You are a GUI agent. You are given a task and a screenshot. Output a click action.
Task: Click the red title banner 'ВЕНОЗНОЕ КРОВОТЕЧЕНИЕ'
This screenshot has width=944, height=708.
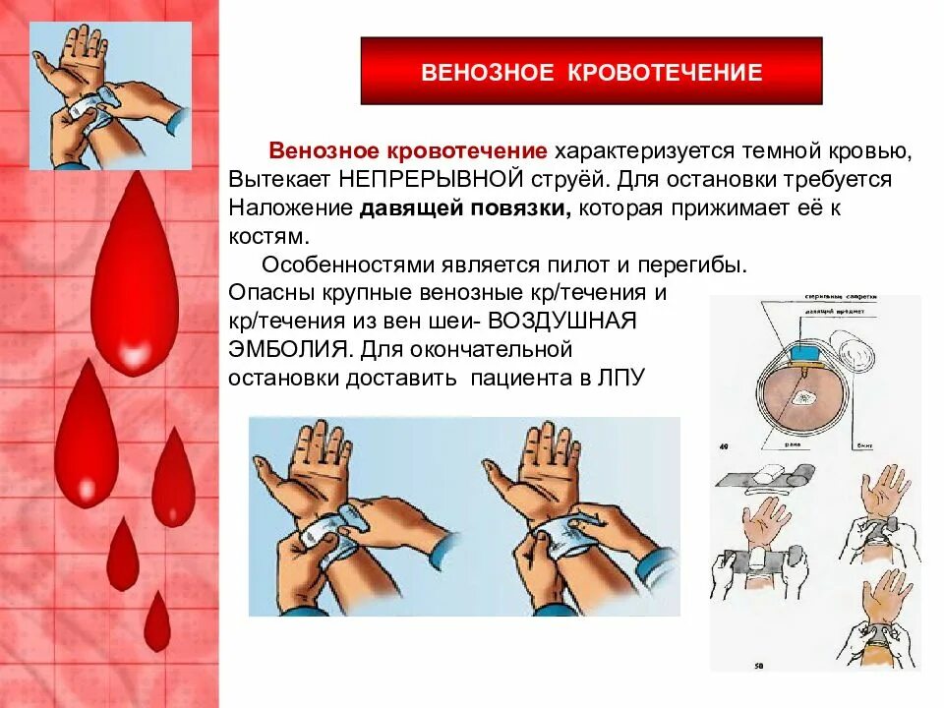pyautogui.click(x=591, y=72)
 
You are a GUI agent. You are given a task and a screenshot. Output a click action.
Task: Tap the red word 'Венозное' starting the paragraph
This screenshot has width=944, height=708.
pyautogui.click(x=323, y=152)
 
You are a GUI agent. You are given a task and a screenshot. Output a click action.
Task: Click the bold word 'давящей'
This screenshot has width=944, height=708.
pyautogui.click(x=398, y=208)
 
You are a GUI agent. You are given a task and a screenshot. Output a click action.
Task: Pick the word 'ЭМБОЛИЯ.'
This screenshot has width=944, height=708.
pyautogui.click(x=290, y=349)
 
